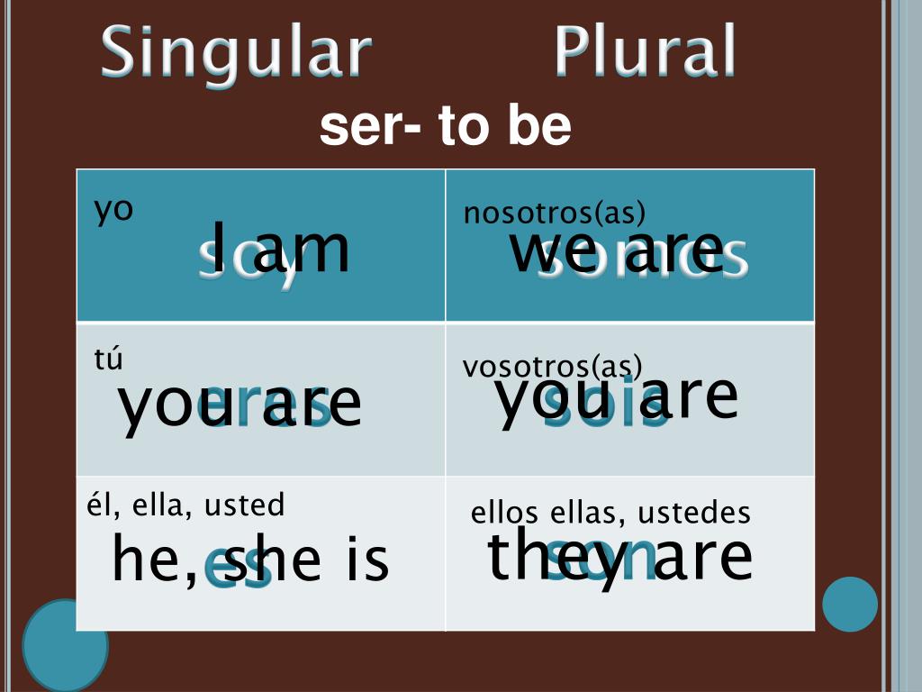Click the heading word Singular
[236, 52]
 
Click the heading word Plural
[645, 52]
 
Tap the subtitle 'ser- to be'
[445, 127]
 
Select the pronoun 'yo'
[114, 210]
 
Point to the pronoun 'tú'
[108, 359]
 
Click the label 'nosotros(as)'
[555, 214]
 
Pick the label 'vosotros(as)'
[553, 367]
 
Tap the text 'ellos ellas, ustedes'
[610, 513]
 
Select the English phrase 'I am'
[281, 249]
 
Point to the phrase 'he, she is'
[250, 559]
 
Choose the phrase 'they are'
[619, 556]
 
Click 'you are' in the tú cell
[240, 404]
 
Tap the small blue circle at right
[849, 604]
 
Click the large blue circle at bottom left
[65, 645]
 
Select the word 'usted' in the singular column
[245, 505]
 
